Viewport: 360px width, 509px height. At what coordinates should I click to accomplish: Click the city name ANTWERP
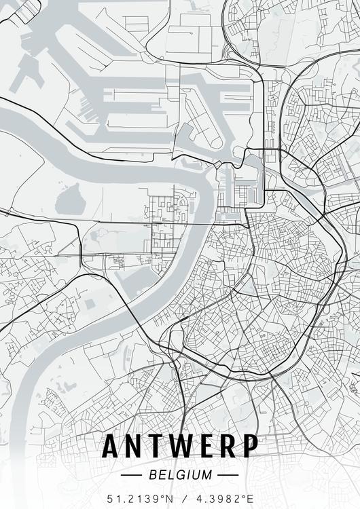coord(180,446)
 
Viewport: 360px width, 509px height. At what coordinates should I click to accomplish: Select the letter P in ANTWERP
coord(251,446)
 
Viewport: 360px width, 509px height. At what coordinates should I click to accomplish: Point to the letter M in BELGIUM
coord(207,474)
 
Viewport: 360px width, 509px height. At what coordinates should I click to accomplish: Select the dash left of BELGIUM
coord(131,475)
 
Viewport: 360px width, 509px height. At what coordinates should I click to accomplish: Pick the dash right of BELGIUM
coord(229,475)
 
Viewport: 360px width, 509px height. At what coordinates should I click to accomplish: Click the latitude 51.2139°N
coord(139,499)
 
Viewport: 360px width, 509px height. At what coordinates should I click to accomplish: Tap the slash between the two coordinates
coord(181,499)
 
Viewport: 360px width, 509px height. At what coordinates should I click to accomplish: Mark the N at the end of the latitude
coord(169,499)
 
